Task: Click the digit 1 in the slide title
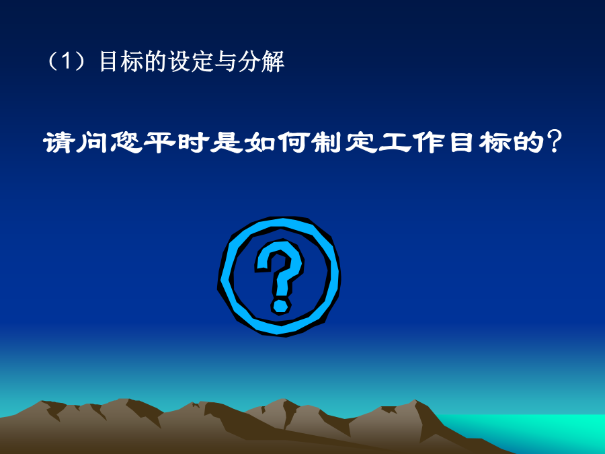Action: (67, 61)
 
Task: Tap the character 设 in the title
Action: (179, 61)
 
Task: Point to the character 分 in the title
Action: (249, 61)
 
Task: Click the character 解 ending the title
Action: (273, 61)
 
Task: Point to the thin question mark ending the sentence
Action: (555, 141)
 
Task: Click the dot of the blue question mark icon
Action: (280, 305)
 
